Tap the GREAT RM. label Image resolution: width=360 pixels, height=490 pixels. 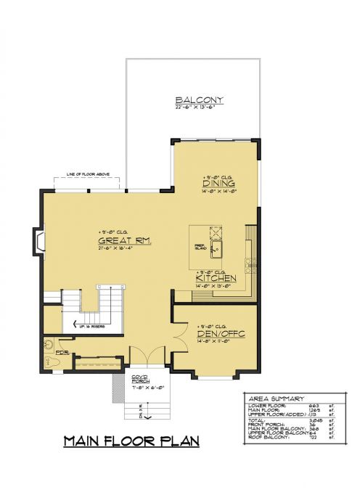pos(124,241)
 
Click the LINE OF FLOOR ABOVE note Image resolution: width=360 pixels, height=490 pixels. pos(89,174)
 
